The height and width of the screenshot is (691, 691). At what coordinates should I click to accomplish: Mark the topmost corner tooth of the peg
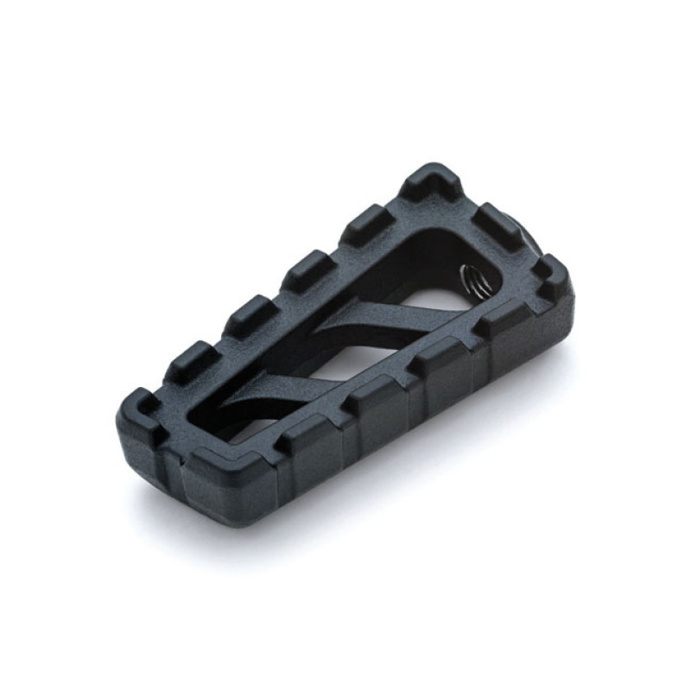(x=434, y=182)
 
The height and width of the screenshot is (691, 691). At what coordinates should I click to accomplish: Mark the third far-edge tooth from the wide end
(x=306, y=269)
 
